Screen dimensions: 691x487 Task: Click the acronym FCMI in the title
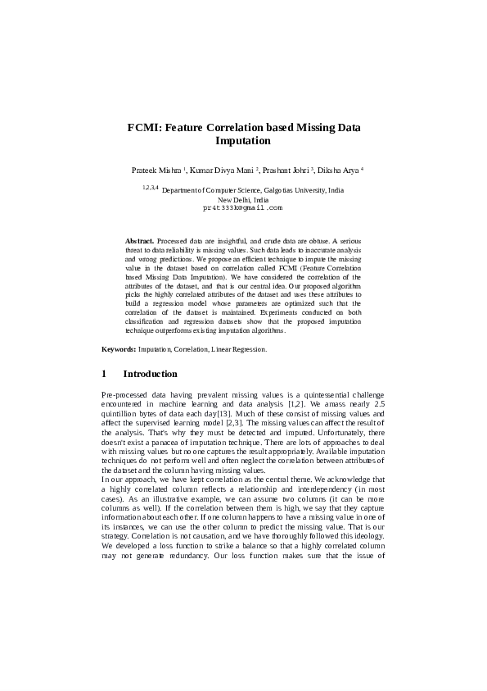point(145,128)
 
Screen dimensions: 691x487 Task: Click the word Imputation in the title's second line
point(242,141)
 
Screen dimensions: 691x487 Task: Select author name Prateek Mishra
point(156,170)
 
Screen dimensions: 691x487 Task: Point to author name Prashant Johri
point(286,170)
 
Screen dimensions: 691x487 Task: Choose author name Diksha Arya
point(338,170)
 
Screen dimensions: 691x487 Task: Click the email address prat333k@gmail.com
point(242,208)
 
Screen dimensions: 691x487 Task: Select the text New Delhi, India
point(242,199)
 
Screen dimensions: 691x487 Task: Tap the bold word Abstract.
point(139,240)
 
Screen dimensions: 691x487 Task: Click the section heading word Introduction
point(150,374)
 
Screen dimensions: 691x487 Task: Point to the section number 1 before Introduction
point(104,374)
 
